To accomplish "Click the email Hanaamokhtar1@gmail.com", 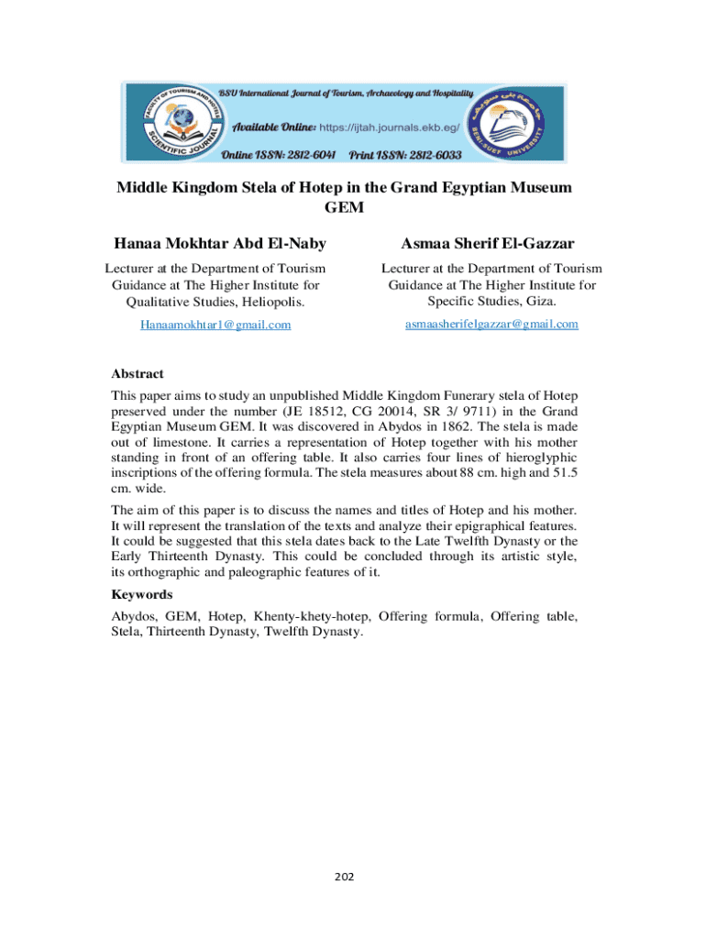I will [x=215, y=325].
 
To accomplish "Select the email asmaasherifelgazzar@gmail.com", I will [x=491, y=324].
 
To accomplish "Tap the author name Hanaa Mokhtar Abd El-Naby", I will [x=219, y=243].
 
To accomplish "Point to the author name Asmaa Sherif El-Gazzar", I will [x=488, y=243].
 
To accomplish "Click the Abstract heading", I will [x=138, y=373].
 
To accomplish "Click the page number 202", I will [x=344, y=878].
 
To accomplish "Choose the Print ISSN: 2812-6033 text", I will [x=404, y=154].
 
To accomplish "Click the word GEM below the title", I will [x=344, y=207].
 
